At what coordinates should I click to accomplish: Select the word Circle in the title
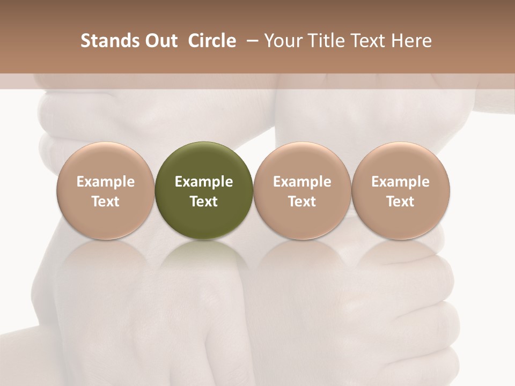point(212,41)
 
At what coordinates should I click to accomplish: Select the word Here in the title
point(410,41)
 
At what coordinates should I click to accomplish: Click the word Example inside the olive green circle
point(204,182)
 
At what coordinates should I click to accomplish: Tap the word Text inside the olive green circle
point(204,202)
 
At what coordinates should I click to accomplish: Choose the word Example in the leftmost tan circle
point(106,182)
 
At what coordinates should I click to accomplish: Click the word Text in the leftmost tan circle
point(106,202)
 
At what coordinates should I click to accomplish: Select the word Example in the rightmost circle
point(401,182)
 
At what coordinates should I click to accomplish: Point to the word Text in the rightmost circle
point(401,202)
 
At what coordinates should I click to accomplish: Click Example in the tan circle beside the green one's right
point(302,182)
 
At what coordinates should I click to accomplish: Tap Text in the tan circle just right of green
point(302,202)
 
